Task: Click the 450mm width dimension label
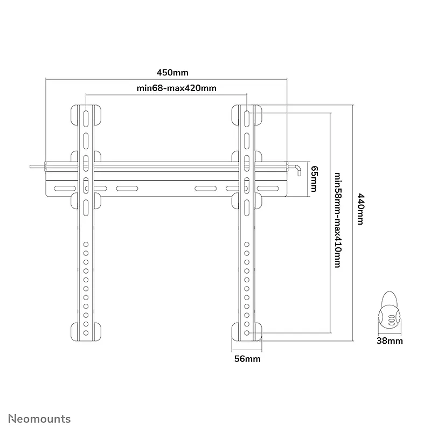click(x=172, y=73)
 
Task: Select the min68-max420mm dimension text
click(x=177, y=88)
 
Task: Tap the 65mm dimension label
click(x=314, y=179)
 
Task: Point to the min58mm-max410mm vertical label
click(x=338, y=220)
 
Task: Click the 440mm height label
click(x=360, y=209)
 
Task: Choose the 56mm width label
click(x=247, y=359)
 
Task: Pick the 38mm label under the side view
click(x=390, y=341)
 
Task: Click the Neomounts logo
click(x=39, y=419)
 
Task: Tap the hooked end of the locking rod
click(x=298, y=170)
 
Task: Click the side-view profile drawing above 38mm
click(x=389, y=313)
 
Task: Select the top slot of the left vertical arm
click(x=86, y=119)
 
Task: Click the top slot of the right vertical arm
click(x=247, y=119)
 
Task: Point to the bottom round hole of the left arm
click(x=86, y=333)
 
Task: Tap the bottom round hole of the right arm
click(x=247, y=333)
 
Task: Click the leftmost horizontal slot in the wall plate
click(x=65, y=189)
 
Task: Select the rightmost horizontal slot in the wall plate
click(x=268, y=189)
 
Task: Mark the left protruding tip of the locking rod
click(x=30, y=166)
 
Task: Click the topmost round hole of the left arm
click(x=86, y=245)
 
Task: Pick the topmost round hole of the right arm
click(x=247, y=245)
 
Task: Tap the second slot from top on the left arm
click(x=86, y=141)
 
